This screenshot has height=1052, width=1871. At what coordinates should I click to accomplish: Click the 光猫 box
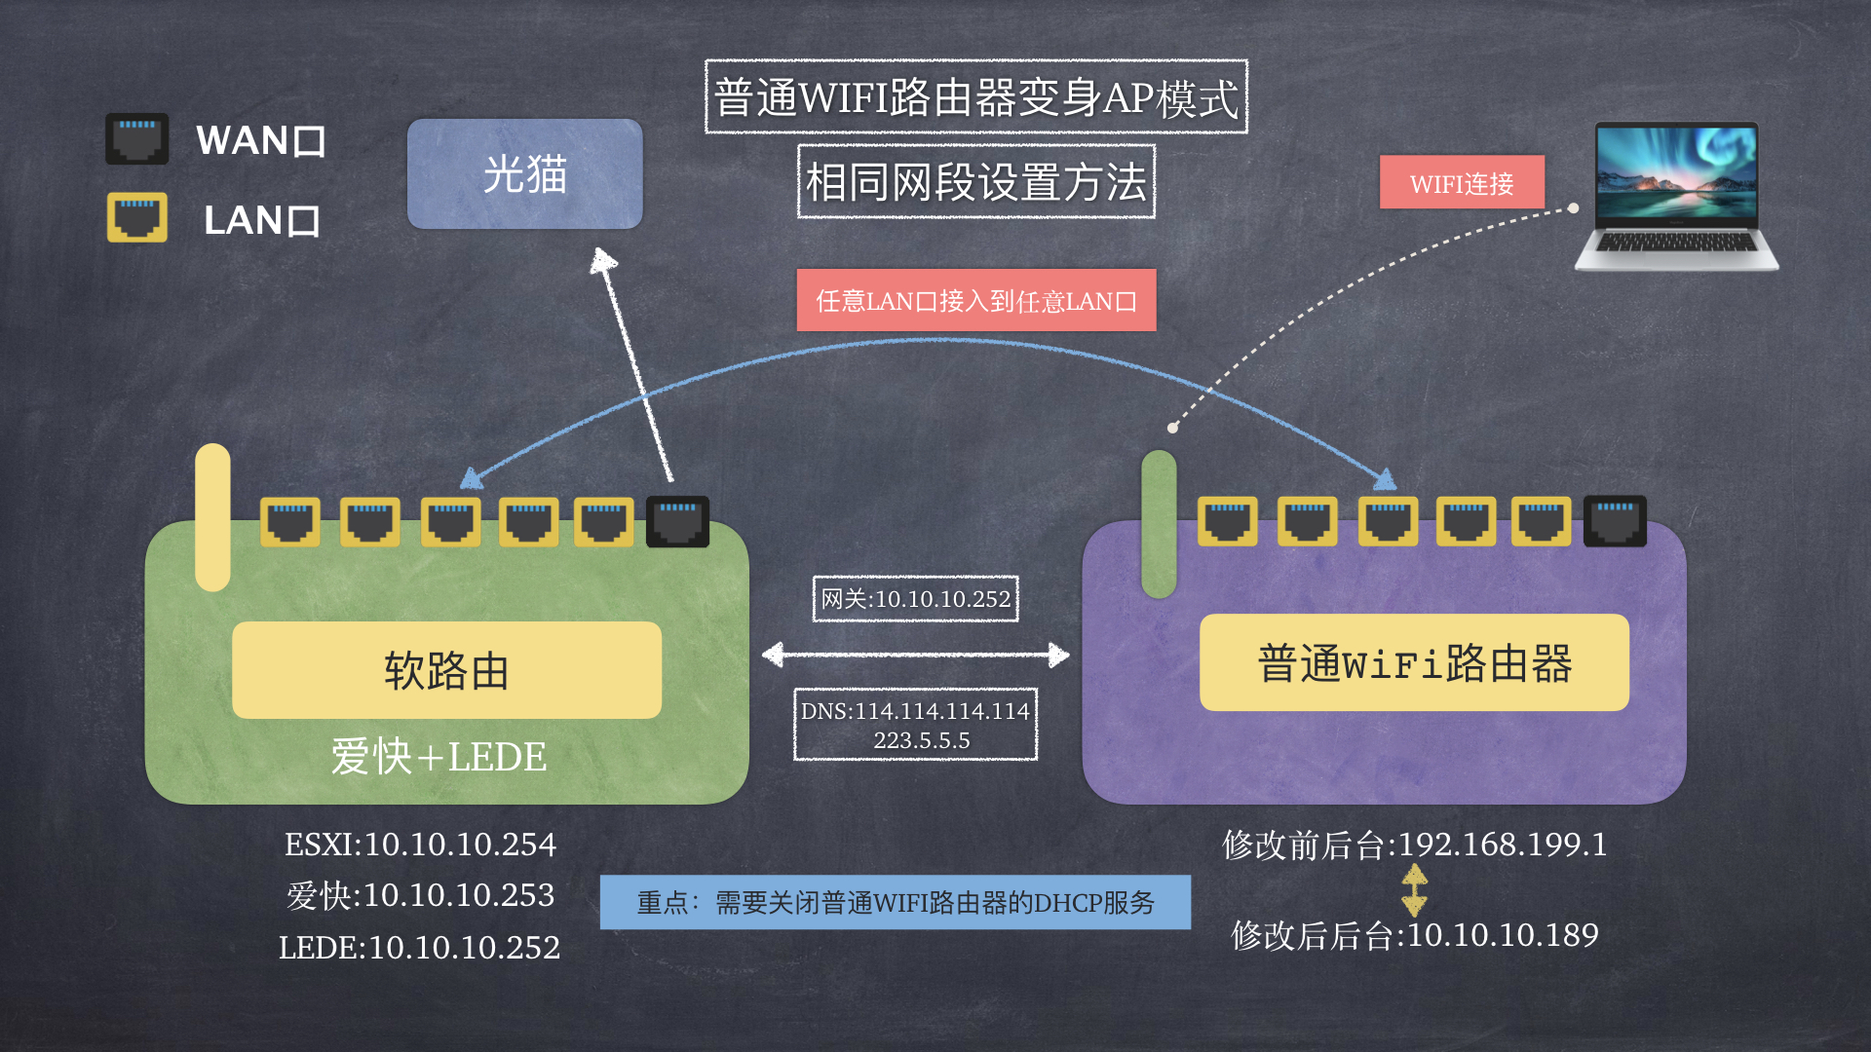tap(524, 174)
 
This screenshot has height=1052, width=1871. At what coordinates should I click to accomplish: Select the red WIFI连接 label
tap(1462, 183)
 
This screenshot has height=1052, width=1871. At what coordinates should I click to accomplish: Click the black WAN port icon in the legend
tap(137, 138)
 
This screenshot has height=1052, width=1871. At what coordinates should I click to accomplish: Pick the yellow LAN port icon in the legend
tap(137, 217)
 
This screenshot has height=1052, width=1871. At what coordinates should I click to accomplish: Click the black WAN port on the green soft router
tap(678, 521)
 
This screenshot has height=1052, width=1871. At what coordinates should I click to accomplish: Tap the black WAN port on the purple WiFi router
tap(1615, 521)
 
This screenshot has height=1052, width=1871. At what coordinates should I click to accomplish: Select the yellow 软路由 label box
tap(446, 670)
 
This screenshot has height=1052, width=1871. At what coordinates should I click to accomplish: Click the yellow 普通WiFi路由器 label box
tap(1414, 662)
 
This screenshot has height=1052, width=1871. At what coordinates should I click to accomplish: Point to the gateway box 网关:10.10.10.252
tap(916, 599)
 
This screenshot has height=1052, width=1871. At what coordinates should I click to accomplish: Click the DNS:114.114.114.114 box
tap(916, 725)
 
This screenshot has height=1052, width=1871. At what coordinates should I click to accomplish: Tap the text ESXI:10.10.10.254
tap(420, 845)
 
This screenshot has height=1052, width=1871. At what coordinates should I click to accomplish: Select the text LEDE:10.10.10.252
tap(420, 947)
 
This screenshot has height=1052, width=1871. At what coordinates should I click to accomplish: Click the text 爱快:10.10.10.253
tap(420, 895)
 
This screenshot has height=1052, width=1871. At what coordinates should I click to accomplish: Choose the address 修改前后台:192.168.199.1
tap(1415, 845)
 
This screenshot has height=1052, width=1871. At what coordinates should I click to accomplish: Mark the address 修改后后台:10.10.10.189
tap(1415, 935)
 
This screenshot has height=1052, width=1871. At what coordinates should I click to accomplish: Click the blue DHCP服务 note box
tap(896, 902)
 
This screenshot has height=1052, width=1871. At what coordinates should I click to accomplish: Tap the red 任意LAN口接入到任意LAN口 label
tap(976, 300)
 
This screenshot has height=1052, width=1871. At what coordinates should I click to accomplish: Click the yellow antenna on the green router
tap(212, 517)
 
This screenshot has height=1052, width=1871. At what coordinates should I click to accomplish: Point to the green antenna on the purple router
tap(1159, 524)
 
